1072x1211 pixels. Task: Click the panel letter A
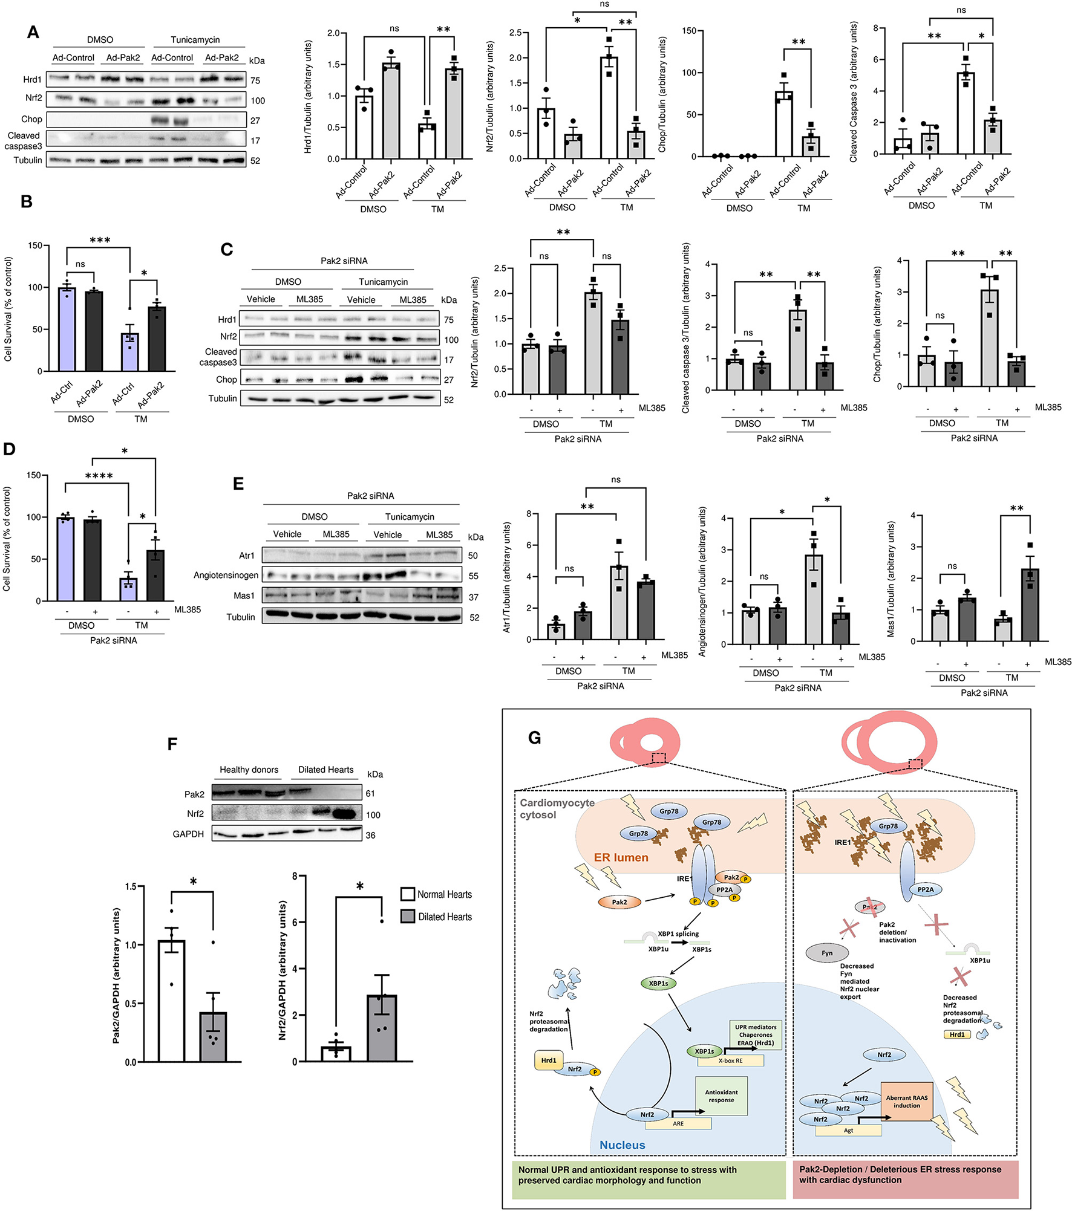[33, 32]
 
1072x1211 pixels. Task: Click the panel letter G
[534, 738]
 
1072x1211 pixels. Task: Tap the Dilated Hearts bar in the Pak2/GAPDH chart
[213, 1037]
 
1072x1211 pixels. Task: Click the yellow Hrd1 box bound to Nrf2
[548, 1060]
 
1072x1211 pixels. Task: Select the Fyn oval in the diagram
[826, 953]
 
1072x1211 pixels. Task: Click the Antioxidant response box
[721, 1096]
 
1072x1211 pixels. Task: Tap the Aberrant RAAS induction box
[906, 1101]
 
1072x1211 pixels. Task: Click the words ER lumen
[621, 857]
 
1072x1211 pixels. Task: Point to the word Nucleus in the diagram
[622, 1144]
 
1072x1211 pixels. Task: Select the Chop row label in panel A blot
[31, 119]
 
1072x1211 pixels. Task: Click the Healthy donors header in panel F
[249, 770]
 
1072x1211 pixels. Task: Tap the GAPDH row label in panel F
[188, 834]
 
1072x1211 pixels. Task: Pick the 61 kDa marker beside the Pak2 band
[370, 793]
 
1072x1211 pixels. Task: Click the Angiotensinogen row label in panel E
[226, 575]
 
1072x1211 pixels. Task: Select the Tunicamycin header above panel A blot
[195, 40]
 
